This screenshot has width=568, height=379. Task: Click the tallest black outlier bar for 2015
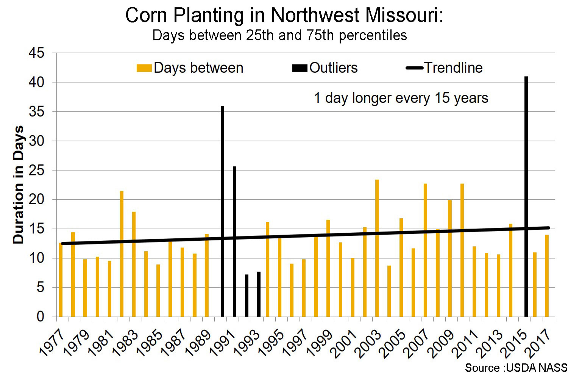click(526, 197)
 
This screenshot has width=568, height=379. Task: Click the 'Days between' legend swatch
click(144, 68)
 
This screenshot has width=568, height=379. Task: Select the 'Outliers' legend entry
click(333, 68)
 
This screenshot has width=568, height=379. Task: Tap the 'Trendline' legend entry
click(453, 68)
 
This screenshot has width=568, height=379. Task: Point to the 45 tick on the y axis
click(36, 53)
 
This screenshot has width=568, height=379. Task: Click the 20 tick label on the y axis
click(36, 199)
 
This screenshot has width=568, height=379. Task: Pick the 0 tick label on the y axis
click(40, 316)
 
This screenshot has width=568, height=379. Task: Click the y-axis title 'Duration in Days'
click(18, 185)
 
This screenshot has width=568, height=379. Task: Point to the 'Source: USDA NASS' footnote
click(516, 368)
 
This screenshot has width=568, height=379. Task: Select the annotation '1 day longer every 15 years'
click(401, 98)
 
